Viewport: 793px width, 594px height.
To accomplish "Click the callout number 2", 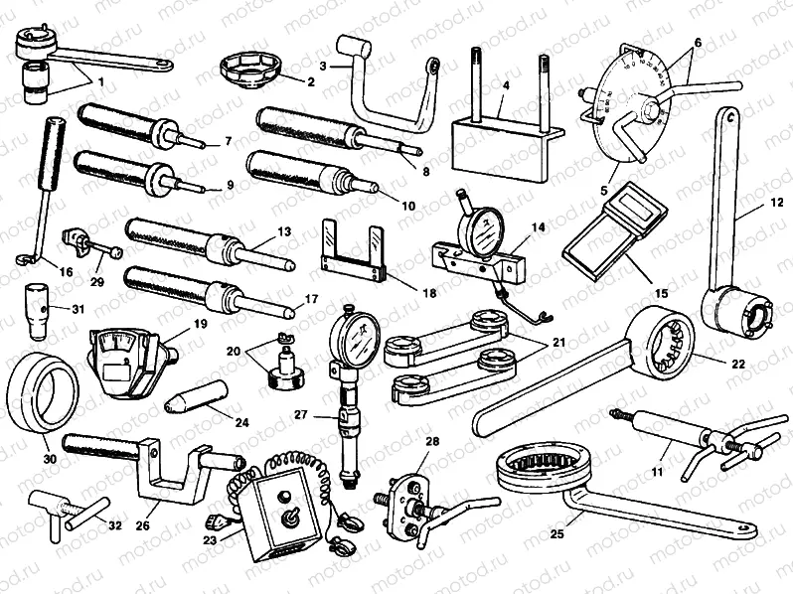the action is [x=282, y=82].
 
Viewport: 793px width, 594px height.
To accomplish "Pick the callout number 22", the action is [x=736, y=364].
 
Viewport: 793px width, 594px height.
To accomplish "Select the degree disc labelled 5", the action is [x=628, y=104].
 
